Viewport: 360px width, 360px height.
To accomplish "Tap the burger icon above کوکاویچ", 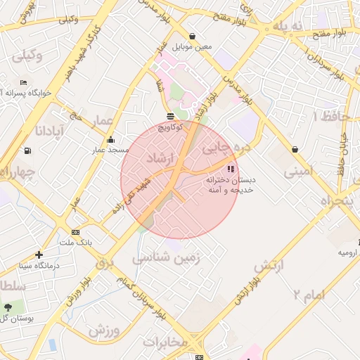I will [x=170, y=115].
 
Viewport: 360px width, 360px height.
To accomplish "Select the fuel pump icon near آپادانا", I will [x=27, y=150].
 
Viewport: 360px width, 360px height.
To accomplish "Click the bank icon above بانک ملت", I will [x=75, y=232].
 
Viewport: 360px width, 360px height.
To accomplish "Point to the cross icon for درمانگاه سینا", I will [x=38, y=255].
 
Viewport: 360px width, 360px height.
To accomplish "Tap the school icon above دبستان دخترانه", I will [x=231, y=169].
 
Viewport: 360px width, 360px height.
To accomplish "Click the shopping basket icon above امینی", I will [x=293, y=149].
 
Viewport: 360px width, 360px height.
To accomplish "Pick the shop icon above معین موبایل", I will [x=192, y=36].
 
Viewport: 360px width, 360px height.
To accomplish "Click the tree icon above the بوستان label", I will [x=8, y=307].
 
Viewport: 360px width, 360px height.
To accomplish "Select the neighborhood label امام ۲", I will [x=309, y=295].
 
